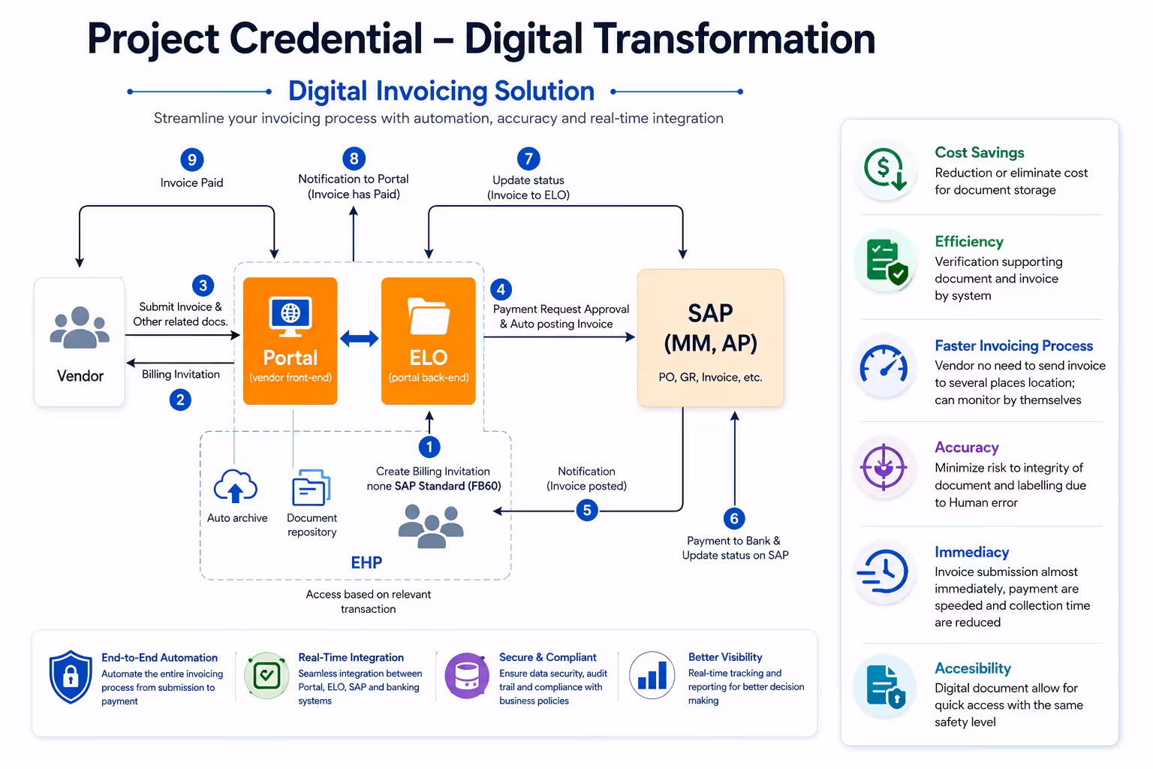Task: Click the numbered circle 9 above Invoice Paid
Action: click(x=192, y=160)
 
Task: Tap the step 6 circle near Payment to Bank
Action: click(x=735, y=518)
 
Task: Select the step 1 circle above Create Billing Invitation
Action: click(x=429, y=447)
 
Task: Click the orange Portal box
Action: click(x=291, y=341)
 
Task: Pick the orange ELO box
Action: click(x=429, y=341)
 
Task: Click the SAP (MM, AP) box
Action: click(x=710, y=338)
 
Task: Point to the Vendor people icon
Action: click(x=80, y=327)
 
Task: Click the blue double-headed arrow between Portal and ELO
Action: click(x=360, y=339)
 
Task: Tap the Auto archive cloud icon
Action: click(x=236, y=486)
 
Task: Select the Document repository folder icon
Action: click(x=312, y=487)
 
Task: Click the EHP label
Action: click(x=366, y=562)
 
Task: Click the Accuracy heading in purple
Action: click(x=967, y=447)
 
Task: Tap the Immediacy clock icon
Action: click(x=884, y=571)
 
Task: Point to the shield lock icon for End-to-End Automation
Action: click(x=71, y=677)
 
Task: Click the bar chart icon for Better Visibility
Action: click(x=652, y=675)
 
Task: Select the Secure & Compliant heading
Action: click(x=548, y=657)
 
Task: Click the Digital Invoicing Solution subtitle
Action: click(x=441, y=91)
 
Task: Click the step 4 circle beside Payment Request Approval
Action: click(x=501, y=289)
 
